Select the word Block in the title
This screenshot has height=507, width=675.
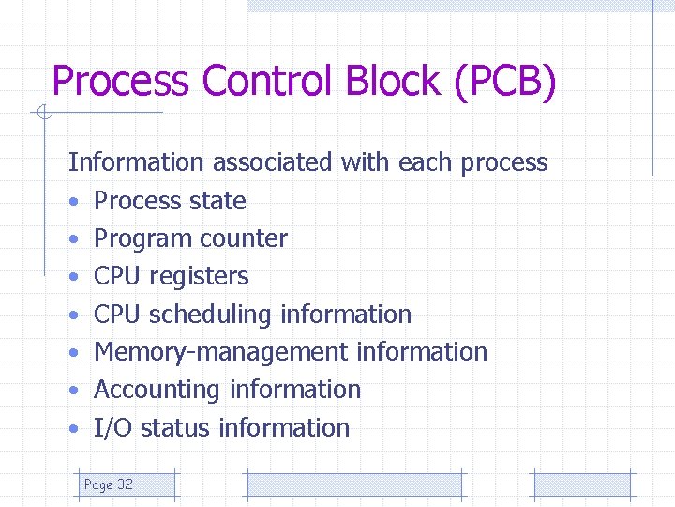(x=396, y=81)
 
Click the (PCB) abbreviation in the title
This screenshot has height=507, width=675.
(x=506, y=81)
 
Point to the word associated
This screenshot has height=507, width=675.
(x=272, y=162)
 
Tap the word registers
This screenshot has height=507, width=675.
(x=199, y=276)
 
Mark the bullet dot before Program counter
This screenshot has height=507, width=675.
(x=73, y=239)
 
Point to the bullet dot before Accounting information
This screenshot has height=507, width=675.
(x=73, y=391)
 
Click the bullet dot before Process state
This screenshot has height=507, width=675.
(x=73, y=202)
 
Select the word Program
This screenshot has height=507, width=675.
(x=140, y=239)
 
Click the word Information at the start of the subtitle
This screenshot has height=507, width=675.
(x=136, y=162)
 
